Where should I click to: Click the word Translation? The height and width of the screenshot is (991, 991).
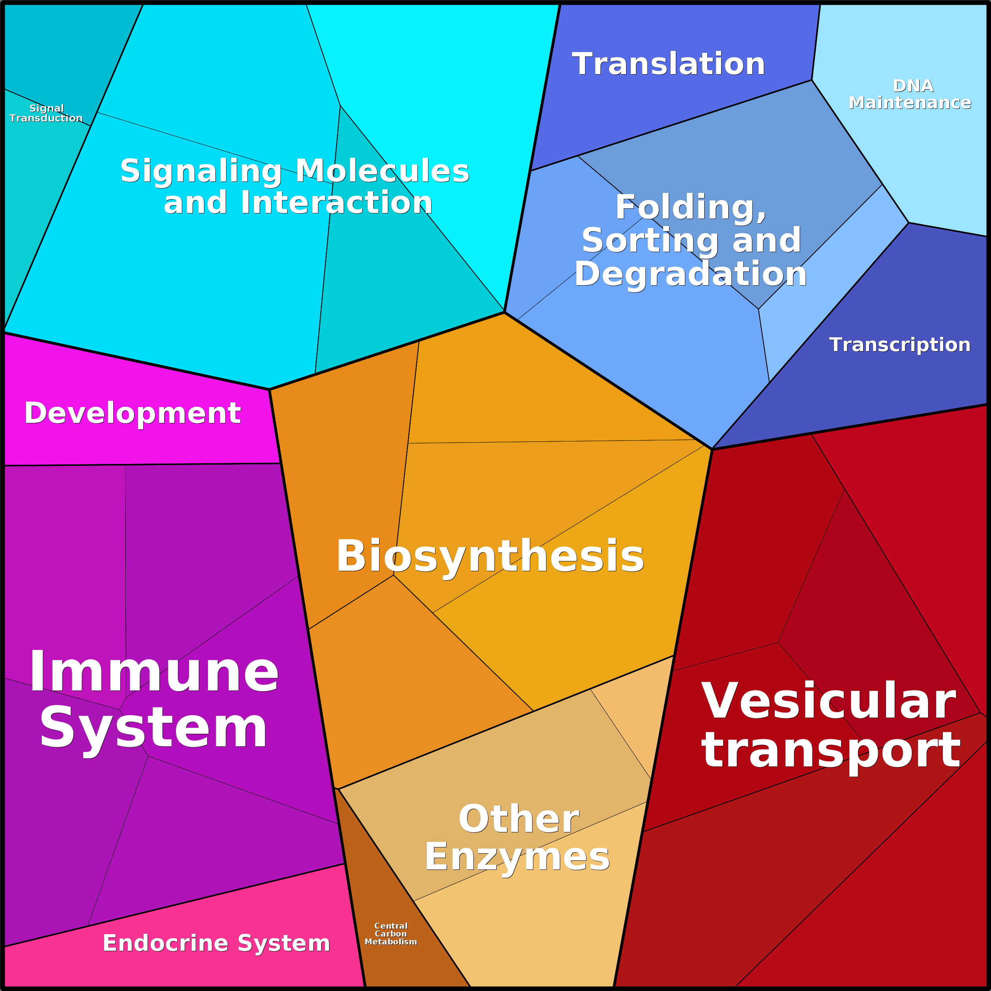coord(668,64)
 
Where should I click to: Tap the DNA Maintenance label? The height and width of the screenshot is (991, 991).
coord(910,94)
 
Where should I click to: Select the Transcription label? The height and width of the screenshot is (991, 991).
coord(900,345)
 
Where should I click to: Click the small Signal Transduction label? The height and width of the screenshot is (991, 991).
coord(46,113)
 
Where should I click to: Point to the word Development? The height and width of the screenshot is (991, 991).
coord(132,413)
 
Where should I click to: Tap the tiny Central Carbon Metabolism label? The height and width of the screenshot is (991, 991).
coord(391,933)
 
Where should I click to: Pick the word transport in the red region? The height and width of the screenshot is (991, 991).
coord(831,750)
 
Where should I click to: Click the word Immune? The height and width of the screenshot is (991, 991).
coord(154,672)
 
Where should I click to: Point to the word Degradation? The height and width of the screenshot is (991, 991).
coord(691,275)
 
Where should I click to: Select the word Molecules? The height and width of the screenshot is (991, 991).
coord(382,170)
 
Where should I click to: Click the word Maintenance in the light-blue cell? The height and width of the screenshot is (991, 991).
coord(910,103)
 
